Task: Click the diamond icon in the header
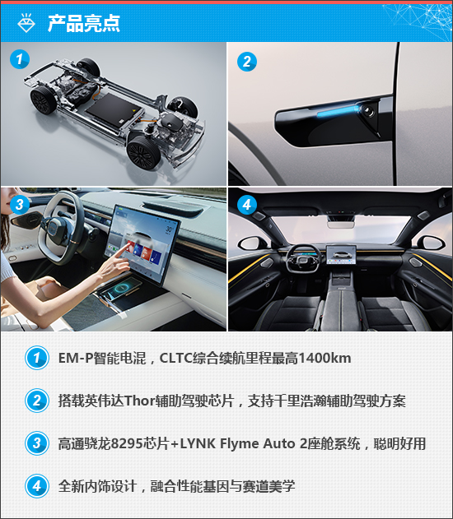pos(26,23)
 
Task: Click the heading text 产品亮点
pos(84,23)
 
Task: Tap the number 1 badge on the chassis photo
pos(20,59)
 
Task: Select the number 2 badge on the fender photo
pos(247,62)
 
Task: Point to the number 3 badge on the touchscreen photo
pos(20,204)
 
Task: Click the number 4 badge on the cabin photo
pos(247,205)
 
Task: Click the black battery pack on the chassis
pos(114,109)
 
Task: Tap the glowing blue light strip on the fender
pos(338,111)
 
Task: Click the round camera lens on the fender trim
pos(367,110)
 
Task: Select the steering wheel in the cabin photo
pos(304,260)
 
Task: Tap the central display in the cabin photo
pos(341,254)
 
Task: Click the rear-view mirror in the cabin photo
pos(341,225)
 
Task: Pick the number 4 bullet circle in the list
pos(37,486)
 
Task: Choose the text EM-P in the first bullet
pos(76,358)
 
